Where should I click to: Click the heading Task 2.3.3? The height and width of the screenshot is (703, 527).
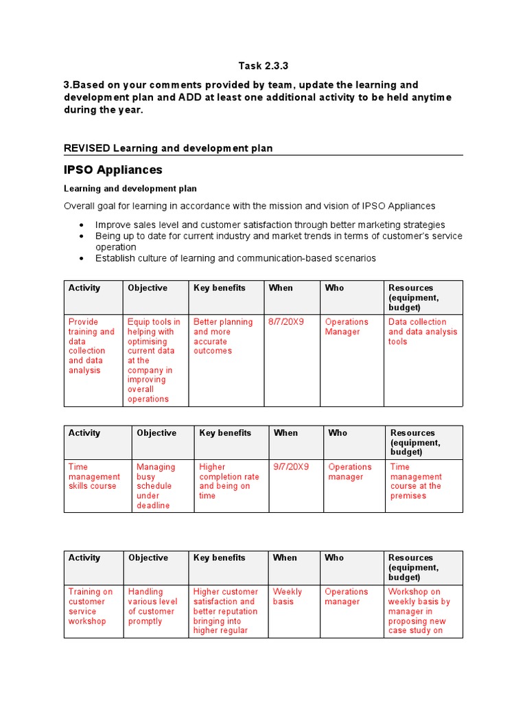point(263,66)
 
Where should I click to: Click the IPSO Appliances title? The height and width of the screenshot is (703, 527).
point(113,170)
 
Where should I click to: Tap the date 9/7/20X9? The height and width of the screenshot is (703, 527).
point(291,467)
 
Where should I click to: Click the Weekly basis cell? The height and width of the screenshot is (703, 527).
point(287,597)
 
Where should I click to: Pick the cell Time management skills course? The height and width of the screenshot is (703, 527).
point(94,476)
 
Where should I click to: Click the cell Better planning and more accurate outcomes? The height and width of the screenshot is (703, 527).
point(222,336)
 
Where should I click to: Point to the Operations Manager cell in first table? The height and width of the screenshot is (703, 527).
point(347,327)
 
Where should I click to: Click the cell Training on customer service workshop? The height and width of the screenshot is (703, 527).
point(91,606)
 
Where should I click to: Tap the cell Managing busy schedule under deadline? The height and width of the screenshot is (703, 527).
point(156,486)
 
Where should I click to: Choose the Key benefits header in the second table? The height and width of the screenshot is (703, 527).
point(225,433)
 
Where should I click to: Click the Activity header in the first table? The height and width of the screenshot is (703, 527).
point(84,288)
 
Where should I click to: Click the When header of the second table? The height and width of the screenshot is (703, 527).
point(285,433)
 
